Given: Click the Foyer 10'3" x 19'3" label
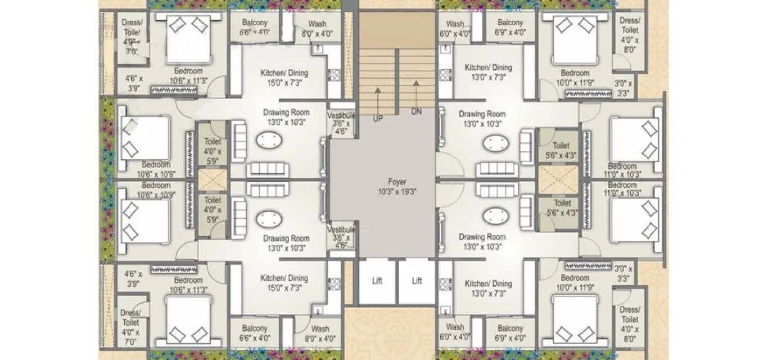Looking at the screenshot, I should click(x=397, y=186).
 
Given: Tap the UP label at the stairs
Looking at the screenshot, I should click(x=378, y=119).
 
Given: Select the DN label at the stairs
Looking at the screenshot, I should click(x=416, y=111).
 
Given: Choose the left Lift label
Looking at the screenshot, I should click(x=377, y=281).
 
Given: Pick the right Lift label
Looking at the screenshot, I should click(x=417, y=281).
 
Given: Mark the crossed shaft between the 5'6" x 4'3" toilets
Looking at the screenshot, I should click(x=558, y=180).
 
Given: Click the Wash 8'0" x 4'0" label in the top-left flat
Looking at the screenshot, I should click(x=317, y=29).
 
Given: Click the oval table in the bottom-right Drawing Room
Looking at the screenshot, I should click(x=495, y=217).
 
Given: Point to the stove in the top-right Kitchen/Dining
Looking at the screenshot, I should click(x=446, y=75).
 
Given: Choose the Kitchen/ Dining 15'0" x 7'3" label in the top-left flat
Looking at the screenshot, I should click(x=284, y=78).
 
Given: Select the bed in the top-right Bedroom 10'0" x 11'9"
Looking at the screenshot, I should click(x=575, y=40).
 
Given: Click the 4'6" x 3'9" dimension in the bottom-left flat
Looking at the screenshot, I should click(x=133, y=279).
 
